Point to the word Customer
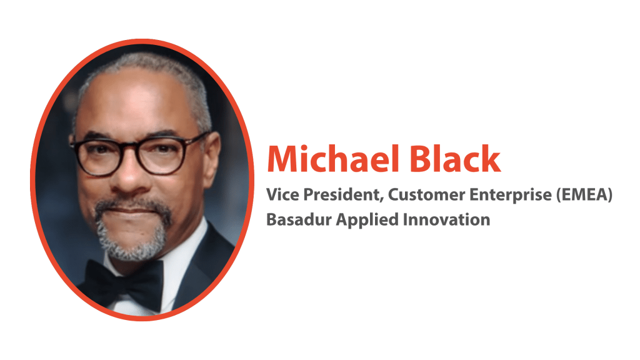coord(426,194)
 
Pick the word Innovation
coord(446,219)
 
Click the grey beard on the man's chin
coord(132,241)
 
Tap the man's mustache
coord(132,204)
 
